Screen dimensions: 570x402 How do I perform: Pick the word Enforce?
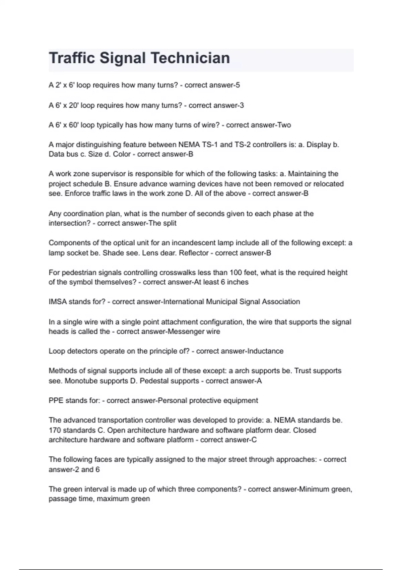point(77,193)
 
